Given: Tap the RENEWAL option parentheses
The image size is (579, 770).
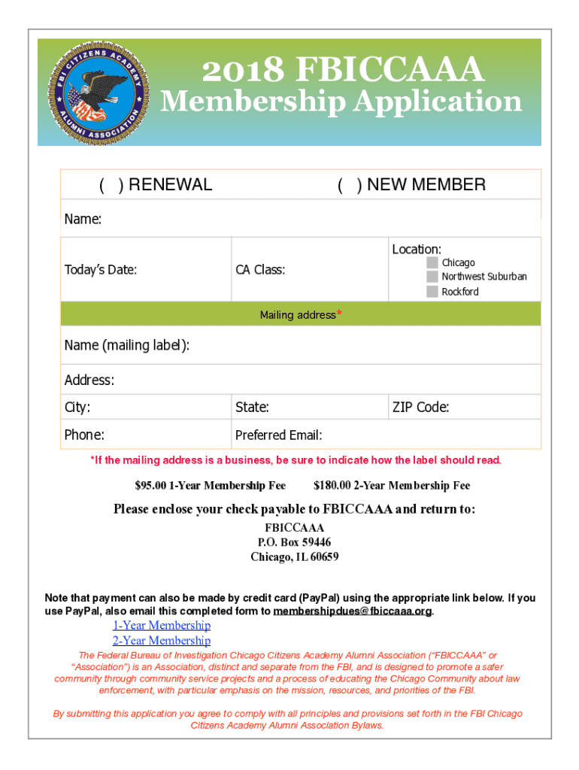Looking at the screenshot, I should pyautogui.click(x=110, y=185).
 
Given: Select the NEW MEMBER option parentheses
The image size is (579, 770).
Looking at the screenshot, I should pyautogui.click(x=347, y=185).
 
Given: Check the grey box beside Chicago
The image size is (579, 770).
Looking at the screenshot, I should pyautogui.click(x=432, y=262).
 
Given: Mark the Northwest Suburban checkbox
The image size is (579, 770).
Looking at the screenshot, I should pyautogui.click(x=432, y=277).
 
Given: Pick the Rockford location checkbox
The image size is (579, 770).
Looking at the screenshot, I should pyautogui.click(x=432, y=292).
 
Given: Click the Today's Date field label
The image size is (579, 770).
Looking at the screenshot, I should pyautogui.click(x=101, y=269).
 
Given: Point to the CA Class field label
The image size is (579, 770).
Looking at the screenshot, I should pyautogui.click(x=260, y=269).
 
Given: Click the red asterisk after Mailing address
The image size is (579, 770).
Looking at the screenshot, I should pyautogui.click(x=340, y=314).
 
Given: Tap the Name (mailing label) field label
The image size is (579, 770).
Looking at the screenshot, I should pyautogui.click(x=126, y=345).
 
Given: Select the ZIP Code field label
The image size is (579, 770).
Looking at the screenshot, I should pyautogui.click(x=420, y=408).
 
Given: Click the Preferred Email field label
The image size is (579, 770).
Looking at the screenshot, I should pyautogui.click(x=278, y=435).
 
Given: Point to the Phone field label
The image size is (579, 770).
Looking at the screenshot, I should pyautogui.click(x=84, y=435).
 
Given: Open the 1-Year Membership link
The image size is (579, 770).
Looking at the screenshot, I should pyautogui.click(x=162, y=626).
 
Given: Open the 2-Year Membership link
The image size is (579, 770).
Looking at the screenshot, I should pyautogui.click(x=162, y=641).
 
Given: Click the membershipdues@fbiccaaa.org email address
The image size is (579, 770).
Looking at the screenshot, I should pyautogui.click(x=353, y=611).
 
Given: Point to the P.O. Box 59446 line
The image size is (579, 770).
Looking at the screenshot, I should pyautogui.click(x=294, y=542).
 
